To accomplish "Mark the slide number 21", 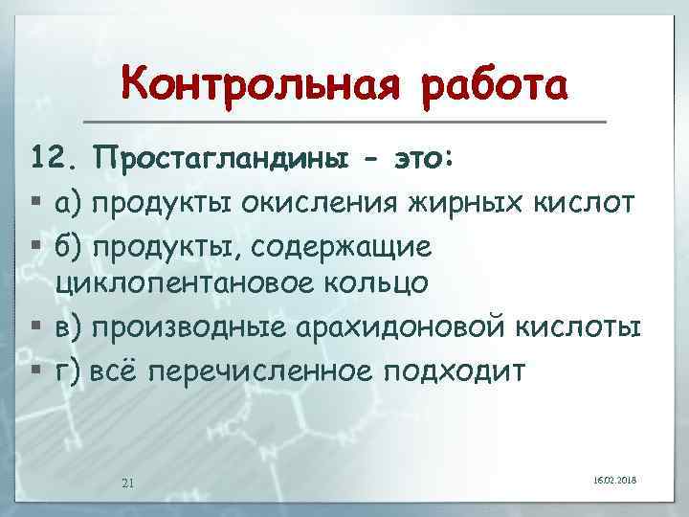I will point(128,480).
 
